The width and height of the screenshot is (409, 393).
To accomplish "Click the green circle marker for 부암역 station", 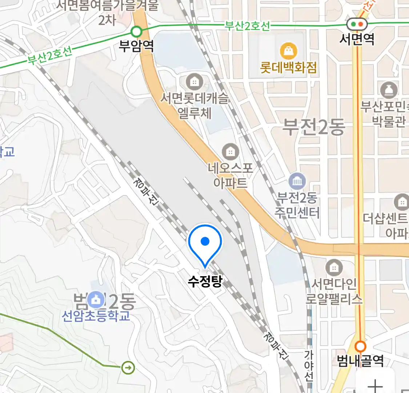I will (x=136, y=32).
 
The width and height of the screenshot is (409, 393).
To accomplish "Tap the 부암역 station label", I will (x=136, y=46).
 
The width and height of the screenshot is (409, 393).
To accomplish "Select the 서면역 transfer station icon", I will (x=357, y=24).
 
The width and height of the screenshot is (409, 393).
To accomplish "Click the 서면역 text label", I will (x=357, y=39).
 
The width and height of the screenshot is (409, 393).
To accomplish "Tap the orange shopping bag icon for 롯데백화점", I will (x=289, y=51).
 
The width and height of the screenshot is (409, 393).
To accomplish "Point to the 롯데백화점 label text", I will (x=288, y=68).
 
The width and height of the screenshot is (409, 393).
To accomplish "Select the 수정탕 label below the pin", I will (x=205, y=281).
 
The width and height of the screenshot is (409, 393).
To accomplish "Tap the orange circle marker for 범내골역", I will (x=360, y=346).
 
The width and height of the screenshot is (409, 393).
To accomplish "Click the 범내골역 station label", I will (x=360, y=361).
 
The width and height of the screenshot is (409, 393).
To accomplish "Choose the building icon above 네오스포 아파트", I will (x=230, y=151).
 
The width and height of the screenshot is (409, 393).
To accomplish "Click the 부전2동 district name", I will (x=313, y=127).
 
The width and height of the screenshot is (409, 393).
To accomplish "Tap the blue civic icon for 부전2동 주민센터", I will (x=297, y=181).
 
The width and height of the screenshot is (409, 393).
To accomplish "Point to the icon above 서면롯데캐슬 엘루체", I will (x=195, y=82).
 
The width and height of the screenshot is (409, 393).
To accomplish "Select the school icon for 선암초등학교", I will (x=96, y=300).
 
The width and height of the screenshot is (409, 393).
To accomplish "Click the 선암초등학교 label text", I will (x=96, y=315).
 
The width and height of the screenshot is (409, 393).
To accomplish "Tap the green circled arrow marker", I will (x=128, y=368).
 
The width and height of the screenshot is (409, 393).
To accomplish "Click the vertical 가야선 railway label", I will (x=309, y=366).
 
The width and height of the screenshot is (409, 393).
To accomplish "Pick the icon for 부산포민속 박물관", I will (x=388, y=90).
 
